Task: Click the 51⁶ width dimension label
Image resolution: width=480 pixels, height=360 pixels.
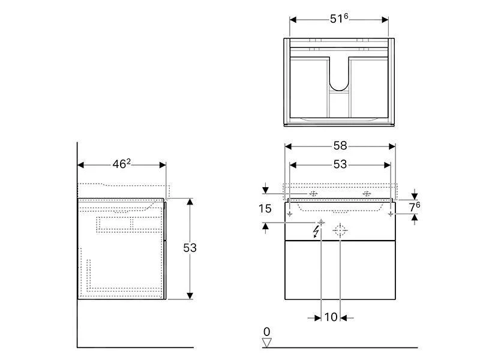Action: tap(339, 19)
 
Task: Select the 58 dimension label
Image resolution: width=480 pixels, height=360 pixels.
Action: tap(340, 146)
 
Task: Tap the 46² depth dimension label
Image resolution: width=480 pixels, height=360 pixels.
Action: tap(122, 164)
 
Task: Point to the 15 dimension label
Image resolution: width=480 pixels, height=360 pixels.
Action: tap(265, 209)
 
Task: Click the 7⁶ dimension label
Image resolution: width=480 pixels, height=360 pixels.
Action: tap(415, 207)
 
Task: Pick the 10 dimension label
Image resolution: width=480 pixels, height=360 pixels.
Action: tap(331, 317)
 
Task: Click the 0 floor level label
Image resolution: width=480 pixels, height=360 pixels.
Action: tap(266, 332)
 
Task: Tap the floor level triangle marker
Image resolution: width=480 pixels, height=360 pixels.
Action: tap(266, 343)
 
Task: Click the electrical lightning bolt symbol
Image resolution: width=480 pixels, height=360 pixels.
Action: tap(316, 232)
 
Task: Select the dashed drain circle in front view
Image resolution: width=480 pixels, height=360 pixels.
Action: tap(340, 231)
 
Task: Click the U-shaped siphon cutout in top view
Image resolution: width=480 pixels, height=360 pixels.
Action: tap(339, 74)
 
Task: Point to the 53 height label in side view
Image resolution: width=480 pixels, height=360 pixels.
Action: tap(190, 248)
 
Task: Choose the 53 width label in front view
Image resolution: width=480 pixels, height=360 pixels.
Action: tap(340, 164)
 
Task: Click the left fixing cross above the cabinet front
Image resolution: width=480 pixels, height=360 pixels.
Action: tap(313, 193)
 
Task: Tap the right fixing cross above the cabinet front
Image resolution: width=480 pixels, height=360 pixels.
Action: tap(367, 193)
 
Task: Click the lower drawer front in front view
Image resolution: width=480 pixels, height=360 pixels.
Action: tap(340, 269)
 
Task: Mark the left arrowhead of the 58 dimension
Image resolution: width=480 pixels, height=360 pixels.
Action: tap(289, 146)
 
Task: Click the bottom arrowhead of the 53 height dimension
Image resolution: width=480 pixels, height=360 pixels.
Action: tap(190, 296)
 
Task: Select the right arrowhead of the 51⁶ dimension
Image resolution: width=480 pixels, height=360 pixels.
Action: tap(385, 20)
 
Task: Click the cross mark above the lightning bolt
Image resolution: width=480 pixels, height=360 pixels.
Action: tap(321, 222)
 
